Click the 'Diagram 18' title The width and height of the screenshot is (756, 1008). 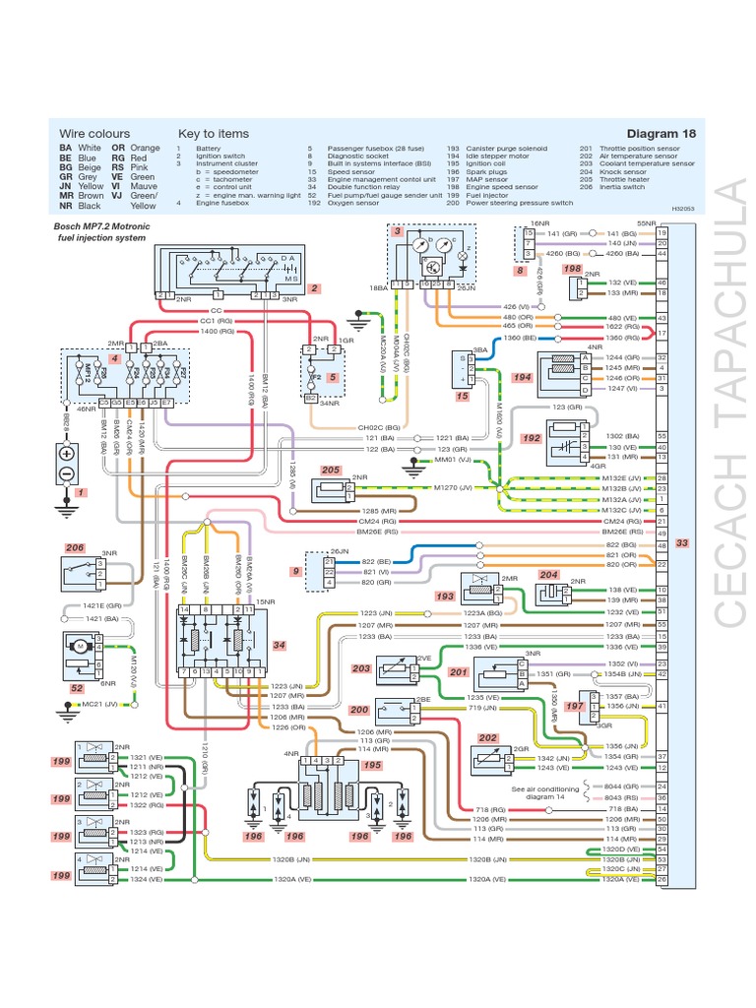pyautogui.click(x=661, y=134)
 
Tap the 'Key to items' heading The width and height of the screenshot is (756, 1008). pyautogui.click(x=214, y=134)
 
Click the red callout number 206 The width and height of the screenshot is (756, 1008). pyautogui.click(x=75, y=548)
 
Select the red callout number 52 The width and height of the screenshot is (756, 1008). pyautogui.click(x=77, y=689)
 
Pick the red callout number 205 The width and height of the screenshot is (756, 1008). pyautogui.click(x=331, y=471)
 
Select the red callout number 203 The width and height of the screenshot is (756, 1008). pyautogui.click(x=362, y=668)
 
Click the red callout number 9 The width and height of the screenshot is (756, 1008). pyautogui.click(x=295, y=572)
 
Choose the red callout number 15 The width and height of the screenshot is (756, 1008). pyautogui.click(x=463, y=396)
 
